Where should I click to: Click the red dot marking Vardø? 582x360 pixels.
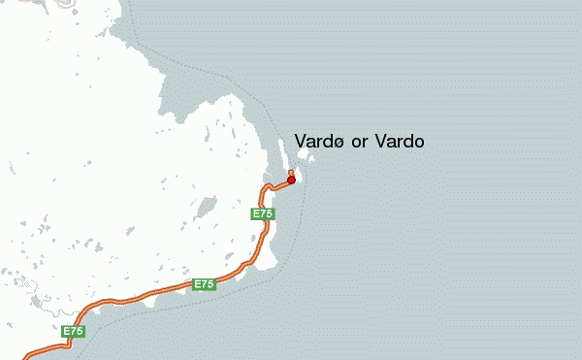pyautogui.click(x=291, y=180)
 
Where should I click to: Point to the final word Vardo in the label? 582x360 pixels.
pyautogui.click(x=400, y=142)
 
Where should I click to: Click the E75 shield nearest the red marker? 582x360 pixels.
pyautogui.click(x=263, y=213)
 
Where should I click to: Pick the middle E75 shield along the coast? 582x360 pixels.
pyautogui.click(x=204, y=284)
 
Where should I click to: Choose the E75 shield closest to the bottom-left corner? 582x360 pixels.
pyautogui.click(x=74, y=332)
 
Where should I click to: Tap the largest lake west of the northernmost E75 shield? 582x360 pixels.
pyautogui.click(x=205, y=209)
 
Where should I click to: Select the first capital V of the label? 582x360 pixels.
pyautogui.click(x=300, y=142)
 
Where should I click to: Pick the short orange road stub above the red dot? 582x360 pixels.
pyautogui.click(x=291, y=173)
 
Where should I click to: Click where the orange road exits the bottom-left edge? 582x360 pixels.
pyautogui.click(x=23, y=357)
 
